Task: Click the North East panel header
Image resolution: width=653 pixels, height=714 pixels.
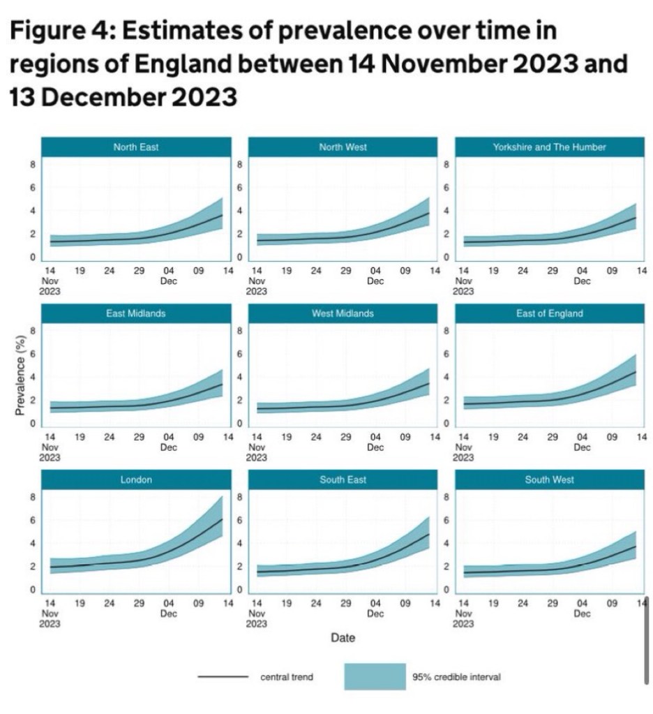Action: click(135, 147)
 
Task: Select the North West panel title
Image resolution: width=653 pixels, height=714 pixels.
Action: click(343, 147)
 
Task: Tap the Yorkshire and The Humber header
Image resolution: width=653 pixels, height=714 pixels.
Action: click(549, 147)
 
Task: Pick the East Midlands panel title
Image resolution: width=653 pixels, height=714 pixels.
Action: click(135, 313)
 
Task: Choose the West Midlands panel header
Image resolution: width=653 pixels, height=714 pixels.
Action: click(343, 313)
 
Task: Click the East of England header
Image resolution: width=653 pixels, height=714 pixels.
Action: click(549, 313)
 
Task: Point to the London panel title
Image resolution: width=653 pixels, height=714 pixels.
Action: click(135, 479)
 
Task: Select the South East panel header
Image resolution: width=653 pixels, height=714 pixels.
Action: click(343, 479)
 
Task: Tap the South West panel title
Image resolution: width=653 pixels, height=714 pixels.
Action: click(549, 479)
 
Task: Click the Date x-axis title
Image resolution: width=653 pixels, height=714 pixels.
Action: click(343, 637)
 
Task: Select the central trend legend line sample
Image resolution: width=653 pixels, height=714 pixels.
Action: click(223, 676)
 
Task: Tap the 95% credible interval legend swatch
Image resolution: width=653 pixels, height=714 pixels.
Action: click(375, 676)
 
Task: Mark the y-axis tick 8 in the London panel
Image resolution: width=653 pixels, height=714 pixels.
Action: click(32, 498)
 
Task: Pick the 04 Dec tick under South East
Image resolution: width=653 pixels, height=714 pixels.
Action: click(375, 608)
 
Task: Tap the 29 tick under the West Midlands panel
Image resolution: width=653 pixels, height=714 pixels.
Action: click(346, 438)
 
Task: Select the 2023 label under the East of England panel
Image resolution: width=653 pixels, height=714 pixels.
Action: click(464, 457)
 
